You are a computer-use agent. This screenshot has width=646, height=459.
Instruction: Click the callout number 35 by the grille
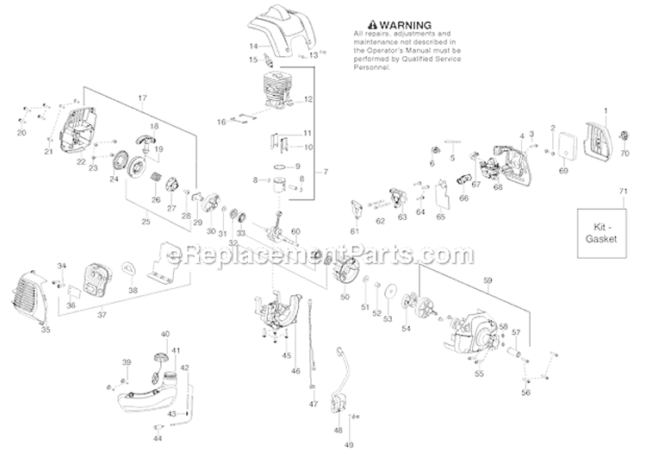click(x=46, y=329)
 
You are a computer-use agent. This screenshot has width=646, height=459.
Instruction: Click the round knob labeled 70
click(x=624, y=135)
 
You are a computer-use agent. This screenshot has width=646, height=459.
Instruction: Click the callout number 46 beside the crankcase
click(x=296, y=372)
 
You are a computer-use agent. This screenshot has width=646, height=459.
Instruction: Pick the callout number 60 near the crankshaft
click(x=295, y=230)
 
